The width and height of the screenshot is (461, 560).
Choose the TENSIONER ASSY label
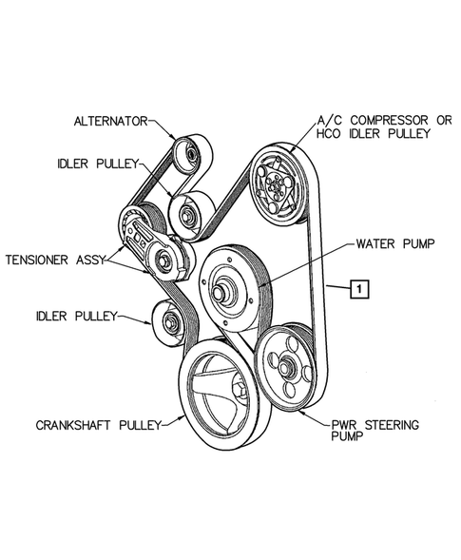55,258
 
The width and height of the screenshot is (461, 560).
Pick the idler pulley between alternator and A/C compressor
188,211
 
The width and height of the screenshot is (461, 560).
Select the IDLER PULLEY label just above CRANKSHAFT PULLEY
80,315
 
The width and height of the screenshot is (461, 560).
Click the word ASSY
93,258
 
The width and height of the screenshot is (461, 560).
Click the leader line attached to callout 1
338,285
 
